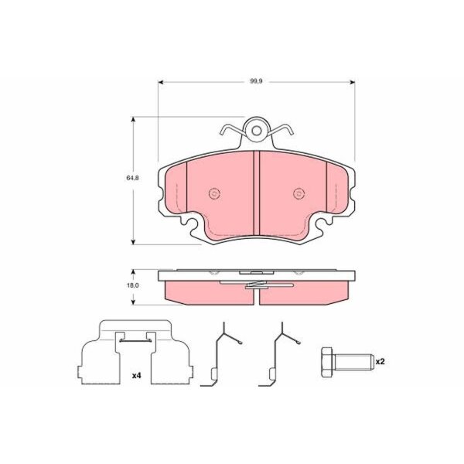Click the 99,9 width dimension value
click(x=256, y=81)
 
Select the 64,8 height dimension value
click(x=132, y=178)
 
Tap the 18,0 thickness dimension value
click(x=132, y=286)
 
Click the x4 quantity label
click(x=136, y=376)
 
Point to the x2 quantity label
click(x=380, y=361)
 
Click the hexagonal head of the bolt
click(x=326, y=362)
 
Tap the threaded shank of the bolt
click(x=353, y=362)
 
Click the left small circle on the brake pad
click(x=214, y=194)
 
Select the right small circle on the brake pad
click(x=299, y=194)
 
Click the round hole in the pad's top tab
click(x=257, y=131)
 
